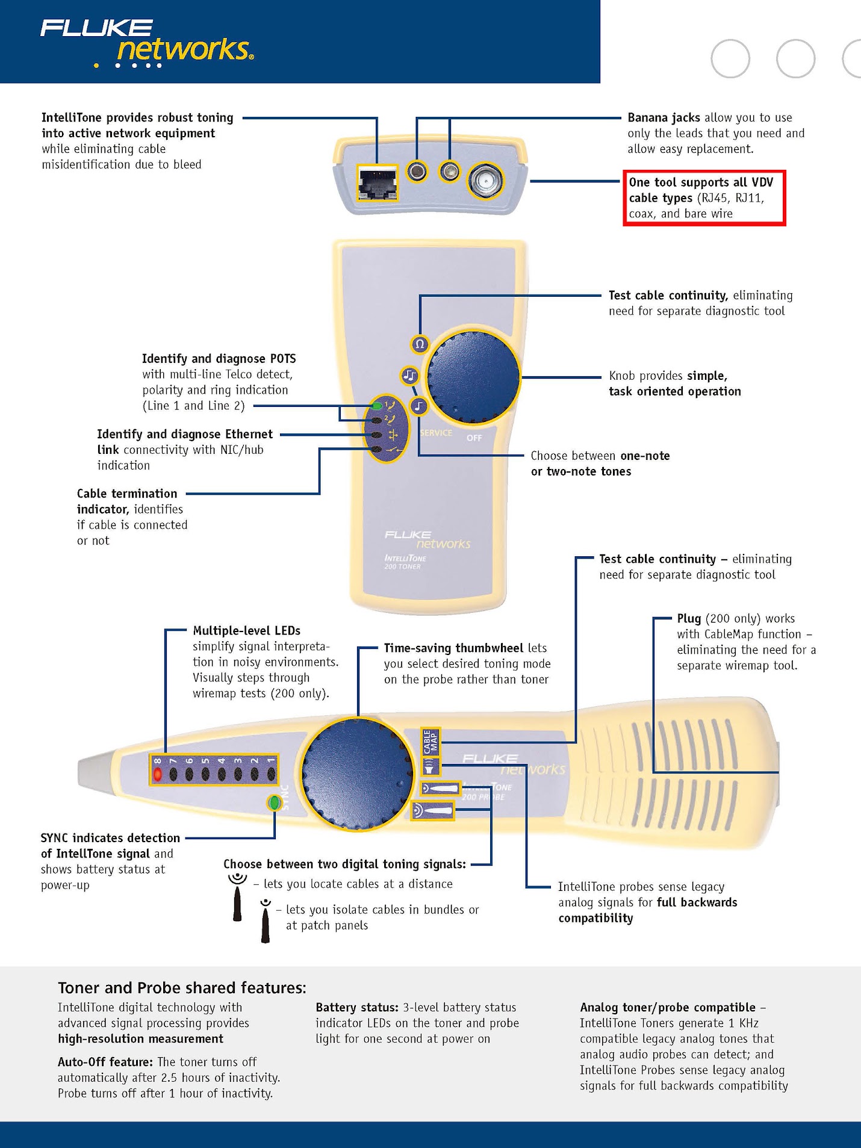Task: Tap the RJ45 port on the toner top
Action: (378, 182)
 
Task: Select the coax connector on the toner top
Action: (486, 179)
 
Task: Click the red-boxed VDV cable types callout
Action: (704, 198)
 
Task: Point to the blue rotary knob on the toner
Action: (473, 376)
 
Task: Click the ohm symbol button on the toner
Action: (420, 344)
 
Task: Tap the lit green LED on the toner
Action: (377, 405)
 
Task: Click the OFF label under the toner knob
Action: (474, 438)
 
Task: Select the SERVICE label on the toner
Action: (436, 433)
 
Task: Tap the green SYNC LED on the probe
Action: (274, 802)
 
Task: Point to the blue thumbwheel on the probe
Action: (357, 774)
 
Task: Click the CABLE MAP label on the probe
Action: (431, 742)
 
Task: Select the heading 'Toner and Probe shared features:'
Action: (182, 988)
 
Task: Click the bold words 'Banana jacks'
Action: (664, 117)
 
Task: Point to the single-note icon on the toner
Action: (419, 406)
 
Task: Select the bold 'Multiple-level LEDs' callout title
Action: (246, 630)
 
